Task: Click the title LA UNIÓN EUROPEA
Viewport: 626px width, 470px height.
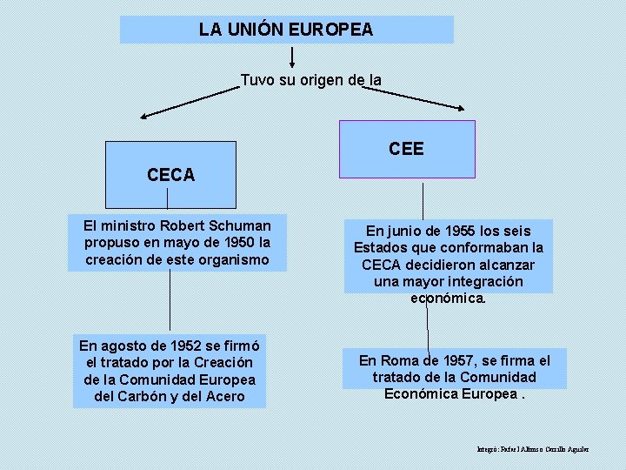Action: pyautogui.click(x=286, y=30)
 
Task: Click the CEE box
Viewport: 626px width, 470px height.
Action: pyautogui.click(x=407, y=149)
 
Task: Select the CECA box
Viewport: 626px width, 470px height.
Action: pyautogui.click(x=170, y=175)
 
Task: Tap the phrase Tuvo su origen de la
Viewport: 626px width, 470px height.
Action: pyautogui.click(x=310, y=80)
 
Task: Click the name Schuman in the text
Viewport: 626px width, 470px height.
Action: pyautogui.click(x=244, y=225)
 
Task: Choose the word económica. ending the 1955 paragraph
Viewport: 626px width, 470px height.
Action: pyautogui.click(x=448, y=299)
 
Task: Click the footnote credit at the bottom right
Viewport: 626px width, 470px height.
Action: pyautogui.click(x=533, y=449)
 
